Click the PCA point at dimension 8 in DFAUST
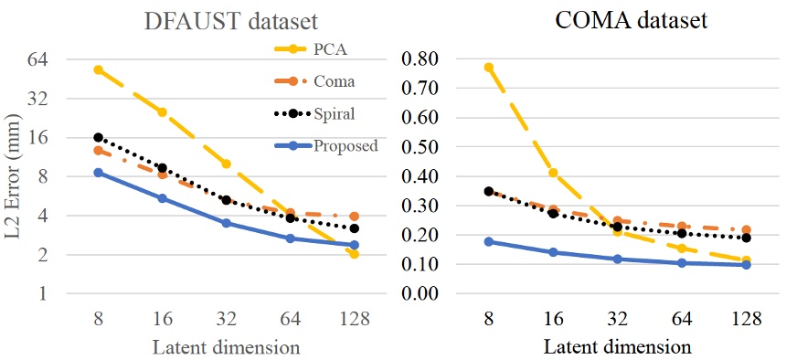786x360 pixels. pos(98,69)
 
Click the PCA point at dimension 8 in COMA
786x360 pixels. pos(488,67)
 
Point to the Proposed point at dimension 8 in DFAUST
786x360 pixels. pos(98,173)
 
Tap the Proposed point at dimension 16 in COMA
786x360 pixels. pos(553,252)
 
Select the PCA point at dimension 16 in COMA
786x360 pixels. pos(553,173)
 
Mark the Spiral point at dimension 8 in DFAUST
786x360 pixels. pos(98,137)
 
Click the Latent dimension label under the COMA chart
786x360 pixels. pos(618,347)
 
